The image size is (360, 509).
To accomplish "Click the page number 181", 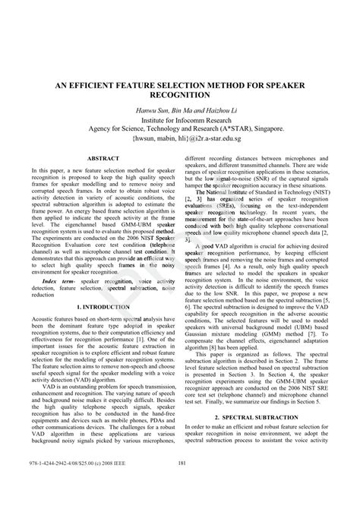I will click(x=180, y=485).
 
